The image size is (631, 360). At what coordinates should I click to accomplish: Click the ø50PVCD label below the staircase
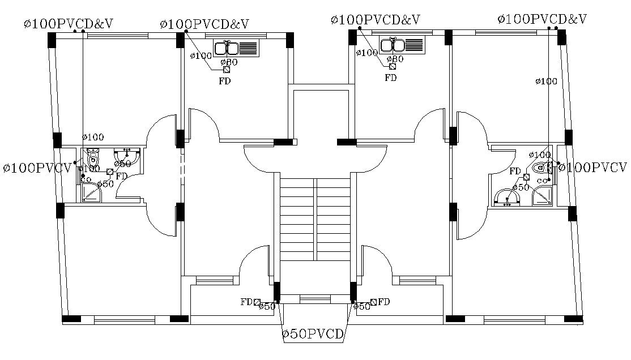pyautogui.click(x=313, y=335)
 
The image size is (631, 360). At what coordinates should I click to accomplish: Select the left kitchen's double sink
pyautogui.click(x=235, y=47)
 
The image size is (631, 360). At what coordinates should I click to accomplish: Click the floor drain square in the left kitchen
pyautogui.click(x=227, y=70)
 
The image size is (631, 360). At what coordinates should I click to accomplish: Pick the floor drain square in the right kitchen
pyautogui.click(x=392, y=66)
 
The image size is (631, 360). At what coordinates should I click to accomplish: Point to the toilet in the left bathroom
pyautogui.click(x=92, y=156)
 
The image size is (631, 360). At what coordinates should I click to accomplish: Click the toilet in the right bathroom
pyautogui.click(x=542, y=168)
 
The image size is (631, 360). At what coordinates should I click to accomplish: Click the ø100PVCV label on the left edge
pyautogui.click(x=37, y=169)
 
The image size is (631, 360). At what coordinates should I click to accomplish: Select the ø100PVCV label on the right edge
pyautogui.click(x=593, y=168)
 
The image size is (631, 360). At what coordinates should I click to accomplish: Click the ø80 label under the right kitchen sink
pyautogui.click(x=395, y=59)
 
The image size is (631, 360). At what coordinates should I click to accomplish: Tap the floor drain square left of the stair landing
pyautogui.click(x=257, y=302)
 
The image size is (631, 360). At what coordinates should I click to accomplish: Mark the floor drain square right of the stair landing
pyautogui.click(x=373, y=302)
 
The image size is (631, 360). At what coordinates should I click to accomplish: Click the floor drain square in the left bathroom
pyautogui.click(x=109, y=172)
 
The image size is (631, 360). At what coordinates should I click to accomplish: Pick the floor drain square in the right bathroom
pyautogui.click(x=526, y=177)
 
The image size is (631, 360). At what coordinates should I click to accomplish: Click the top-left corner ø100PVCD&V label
pyautogui.click(x=69, y=24)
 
